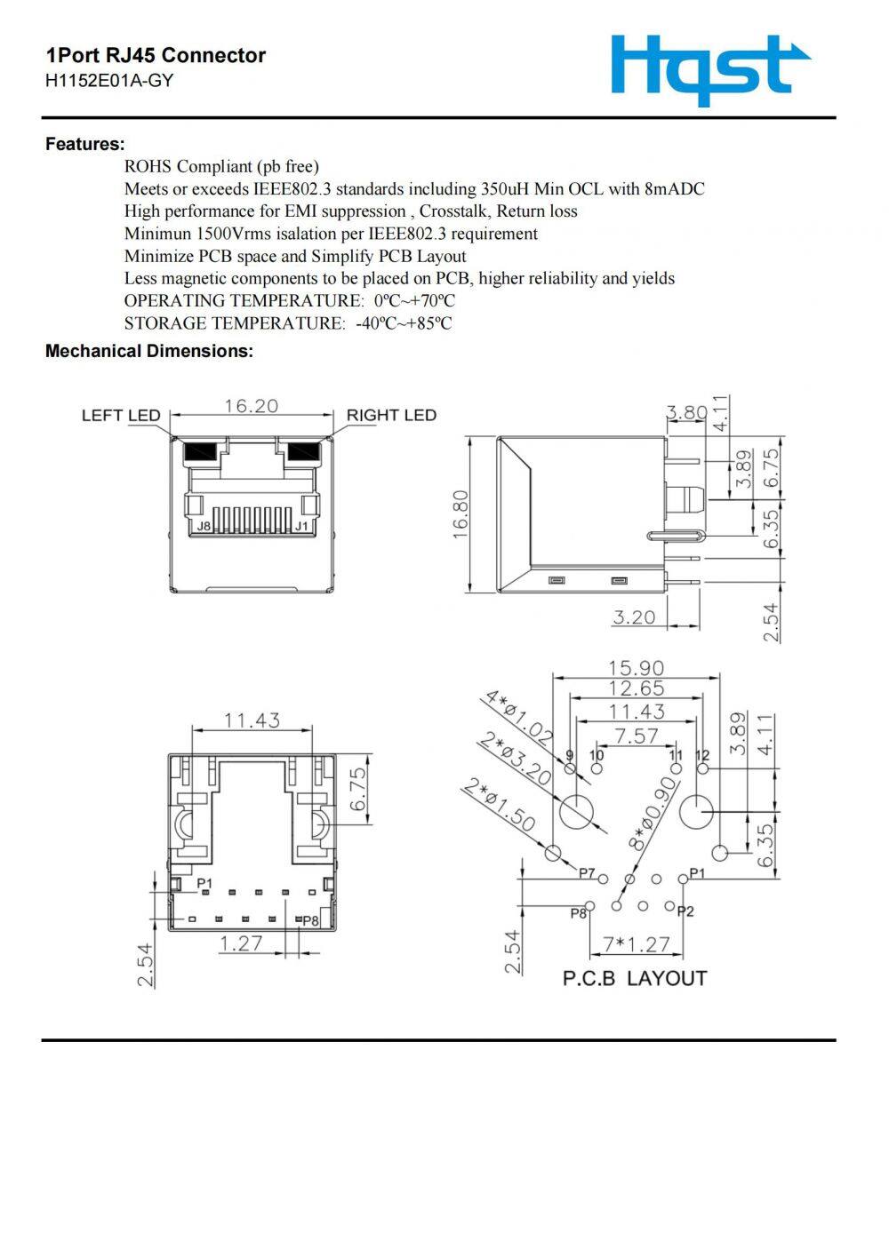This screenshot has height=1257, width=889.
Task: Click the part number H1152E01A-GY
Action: tap(109, 81)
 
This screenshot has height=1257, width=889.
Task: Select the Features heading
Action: tap(84, 144)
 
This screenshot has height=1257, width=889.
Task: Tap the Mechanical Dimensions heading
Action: tap(148, 351)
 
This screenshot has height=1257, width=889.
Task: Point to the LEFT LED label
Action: tap(121, 415)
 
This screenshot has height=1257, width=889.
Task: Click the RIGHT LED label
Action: tap(391, 415)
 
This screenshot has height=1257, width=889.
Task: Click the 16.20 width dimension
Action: tap(251, 406)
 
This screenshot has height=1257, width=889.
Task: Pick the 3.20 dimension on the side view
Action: tap(633, 617)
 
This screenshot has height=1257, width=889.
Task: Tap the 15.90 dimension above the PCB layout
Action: tap(636, 667)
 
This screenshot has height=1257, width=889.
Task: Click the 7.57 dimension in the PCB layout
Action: tap(637, 736)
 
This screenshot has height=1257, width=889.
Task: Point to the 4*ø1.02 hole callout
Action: tap(518, 717)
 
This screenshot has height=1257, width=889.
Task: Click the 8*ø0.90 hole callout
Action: tap(653, 815)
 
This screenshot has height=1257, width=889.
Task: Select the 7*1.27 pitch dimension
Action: tap(636, 943)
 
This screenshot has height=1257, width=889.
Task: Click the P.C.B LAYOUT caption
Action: tap(635, 978)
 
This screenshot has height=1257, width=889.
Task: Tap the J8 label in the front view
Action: tap(204, 526)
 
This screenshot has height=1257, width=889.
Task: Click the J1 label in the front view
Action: tap(302, 526)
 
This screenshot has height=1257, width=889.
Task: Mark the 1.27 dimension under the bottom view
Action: tap(241, 943)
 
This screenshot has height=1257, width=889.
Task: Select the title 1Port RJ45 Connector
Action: tap(156, 55)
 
